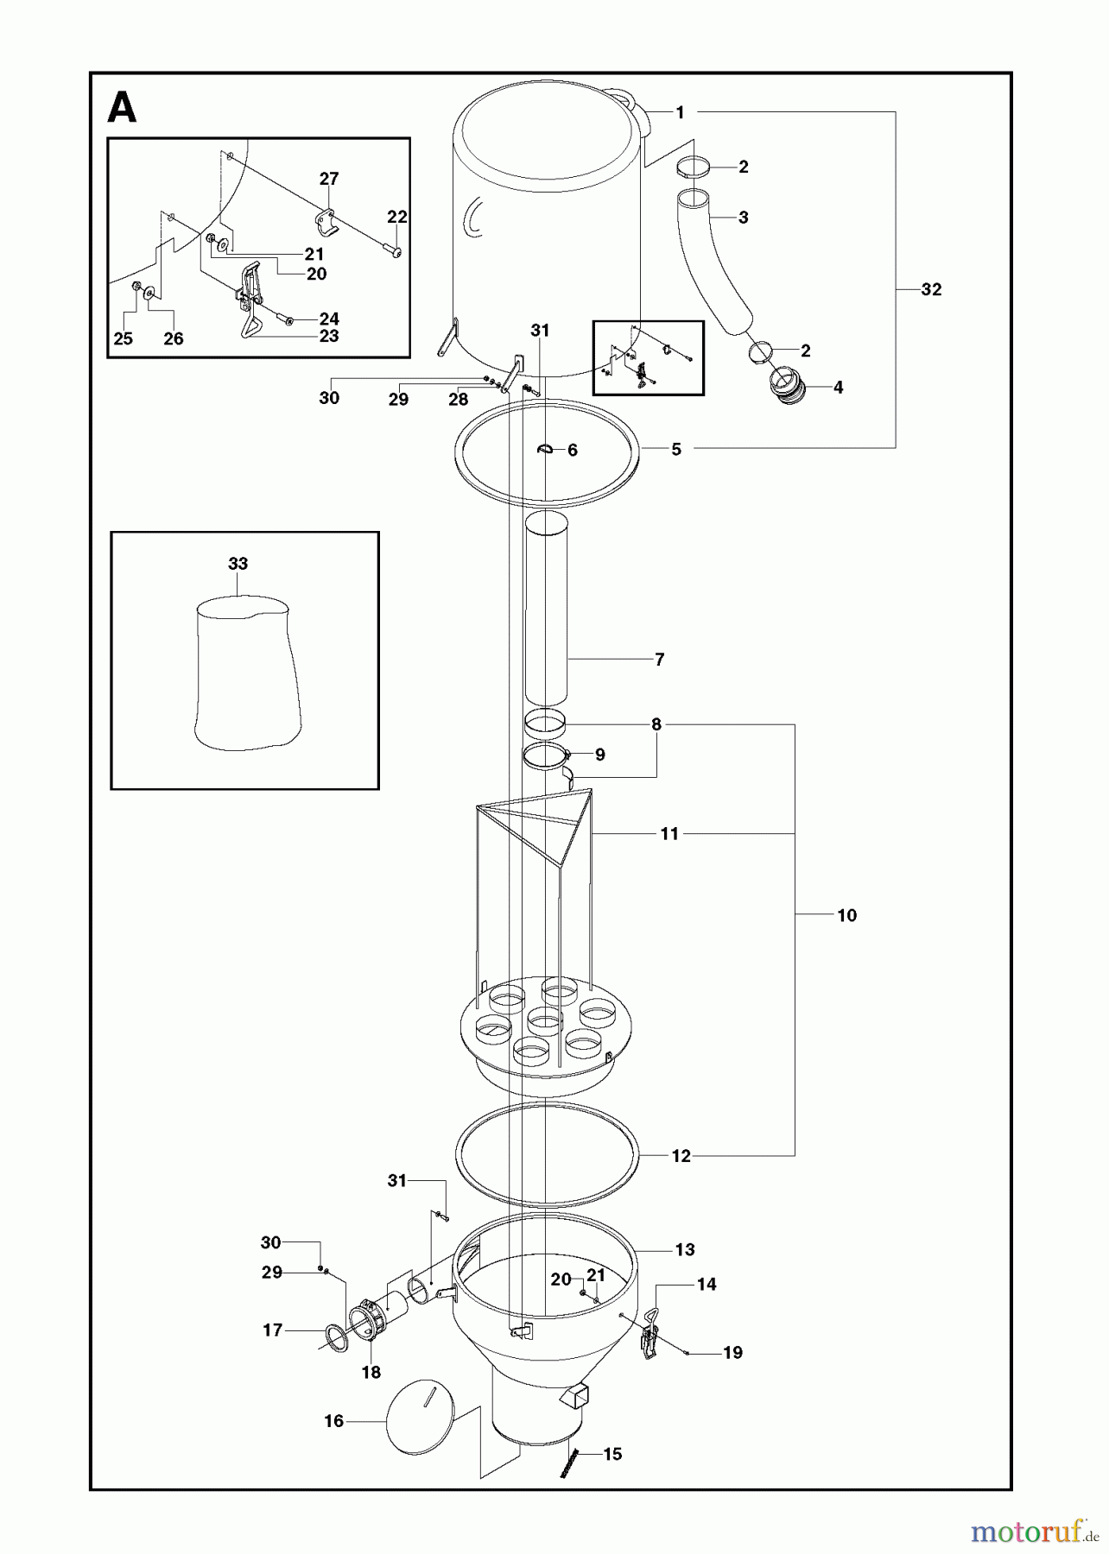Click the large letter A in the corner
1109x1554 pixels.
(x=122, y=109)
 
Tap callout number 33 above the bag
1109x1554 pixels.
(x=238, y=564)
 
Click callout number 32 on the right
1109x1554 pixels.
(x=931, y=289)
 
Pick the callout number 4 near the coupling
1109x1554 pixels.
(x=838, y=388)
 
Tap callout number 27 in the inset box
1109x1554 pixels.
(x=329, y=179)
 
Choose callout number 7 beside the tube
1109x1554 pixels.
(x=659, y=660)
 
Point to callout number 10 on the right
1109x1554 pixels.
(x=846, y=915)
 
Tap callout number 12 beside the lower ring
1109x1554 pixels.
(x=681, y=1156)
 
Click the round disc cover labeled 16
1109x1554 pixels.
(x=418, y=1415)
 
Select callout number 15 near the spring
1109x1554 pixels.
(x=612, y=1455)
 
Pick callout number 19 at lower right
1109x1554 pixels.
(x=732, y=1353)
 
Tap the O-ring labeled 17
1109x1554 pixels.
(x=335, y=1338)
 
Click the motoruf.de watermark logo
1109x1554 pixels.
(x=1028, y=1532)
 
